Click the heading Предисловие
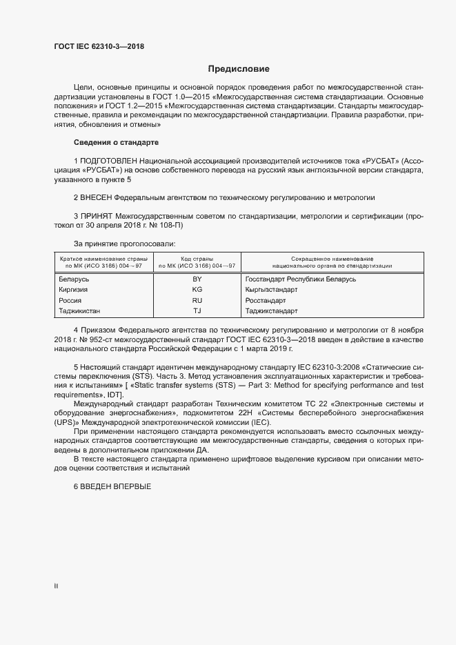tap(238, 69)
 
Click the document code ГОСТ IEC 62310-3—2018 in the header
tap(99, 47)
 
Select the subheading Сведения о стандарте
tap(116, 142)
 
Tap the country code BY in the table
tap(197, 279)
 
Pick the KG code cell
tap(197, 290)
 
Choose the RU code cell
tap(197, 301)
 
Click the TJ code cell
tap(197, 312)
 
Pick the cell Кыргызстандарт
tap(270, 290)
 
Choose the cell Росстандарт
tap(265, 301)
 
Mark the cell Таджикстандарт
tap(270, 312)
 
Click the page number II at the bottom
tap(56, 586)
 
